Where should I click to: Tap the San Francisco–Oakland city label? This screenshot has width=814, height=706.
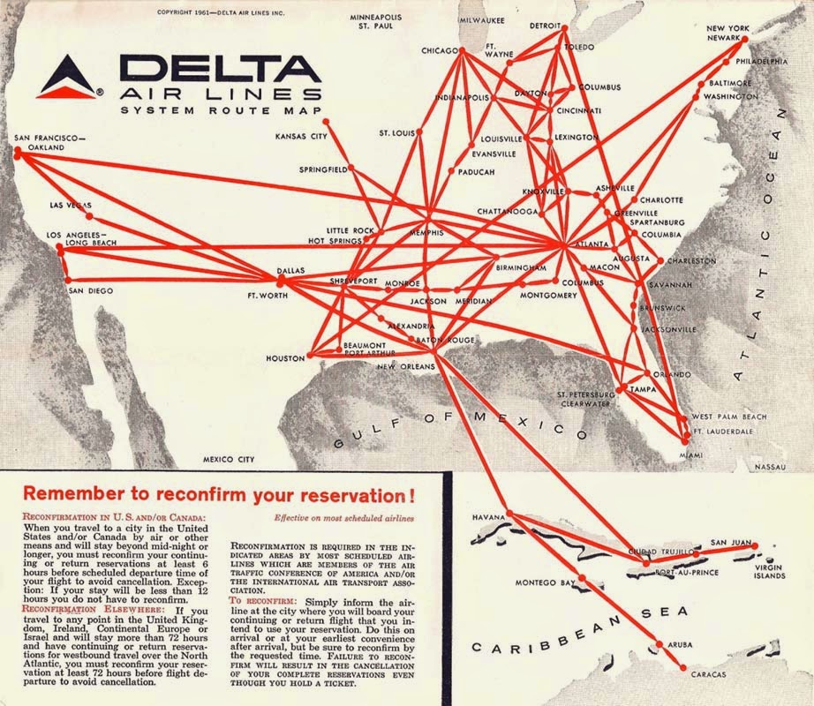(49, 143)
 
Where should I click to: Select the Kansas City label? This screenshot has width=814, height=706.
(301, 137)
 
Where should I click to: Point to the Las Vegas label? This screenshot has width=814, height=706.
(70, 206)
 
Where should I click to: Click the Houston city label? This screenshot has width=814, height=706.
(285, 359)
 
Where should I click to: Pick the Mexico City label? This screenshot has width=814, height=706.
(229, 460)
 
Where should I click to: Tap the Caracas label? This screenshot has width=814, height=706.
(708, 675)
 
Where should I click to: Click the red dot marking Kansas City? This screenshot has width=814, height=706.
(327, 121)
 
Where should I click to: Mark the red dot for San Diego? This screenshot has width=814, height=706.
(68, 280)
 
